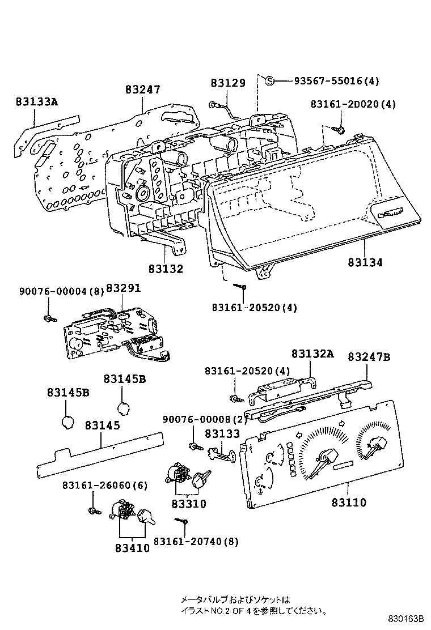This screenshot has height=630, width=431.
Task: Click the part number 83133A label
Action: [37, 101]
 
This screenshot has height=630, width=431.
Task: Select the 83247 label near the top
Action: [143, 90]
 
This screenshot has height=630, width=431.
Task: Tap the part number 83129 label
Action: [228, 83]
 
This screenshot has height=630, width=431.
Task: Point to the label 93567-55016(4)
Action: [336, 80]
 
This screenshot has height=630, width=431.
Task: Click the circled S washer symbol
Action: [271, 80]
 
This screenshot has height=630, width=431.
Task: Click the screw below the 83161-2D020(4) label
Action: [341, 130]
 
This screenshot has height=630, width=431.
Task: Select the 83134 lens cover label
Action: [365, 262]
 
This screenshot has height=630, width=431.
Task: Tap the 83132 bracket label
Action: [166, 269]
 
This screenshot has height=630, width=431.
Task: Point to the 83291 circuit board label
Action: [123, 288]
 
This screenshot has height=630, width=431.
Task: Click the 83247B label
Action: [369, 357]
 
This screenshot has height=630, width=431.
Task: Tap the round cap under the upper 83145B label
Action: [125, 408]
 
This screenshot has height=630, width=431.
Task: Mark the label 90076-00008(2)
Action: [205, 419]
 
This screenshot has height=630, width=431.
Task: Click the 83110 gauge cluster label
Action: [349, 503]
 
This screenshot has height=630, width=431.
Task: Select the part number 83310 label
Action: [189, 503]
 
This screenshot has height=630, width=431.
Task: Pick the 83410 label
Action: [132, 548]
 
